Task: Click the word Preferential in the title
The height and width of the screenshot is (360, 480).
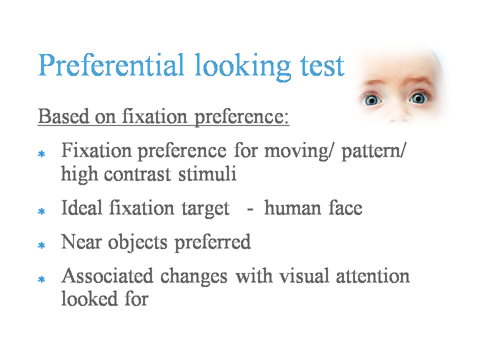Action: (111, 65)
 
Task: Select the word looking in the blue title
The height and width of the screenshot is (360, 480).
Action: (242, 67)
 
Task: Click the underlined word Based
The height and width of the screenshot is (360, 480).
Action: (63, 116)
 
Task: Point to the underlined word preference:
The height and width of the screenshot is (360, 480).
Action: (242, 117)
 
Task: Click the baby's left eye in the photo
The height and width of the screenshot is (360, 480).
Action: (418, 98)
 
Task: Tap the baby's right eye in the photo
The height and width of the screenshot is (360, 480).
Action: (371, 100)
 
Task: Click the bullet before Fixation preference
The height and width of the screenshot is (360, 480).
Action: (41, 153)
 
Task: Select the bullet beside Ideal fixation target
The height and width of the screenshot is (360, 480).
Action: (41, 211)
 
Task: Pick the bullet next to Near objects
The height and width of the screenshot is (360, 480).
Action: (41, 245)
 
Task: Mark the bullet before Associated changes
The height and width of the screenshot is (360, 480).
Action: (41, 279)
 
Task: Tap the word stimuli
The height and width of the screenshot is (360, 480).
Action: (207, 174)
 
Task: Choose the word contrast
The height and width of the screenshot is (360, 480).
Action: (137, 174)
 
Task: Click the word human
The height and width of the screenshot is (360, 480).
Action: (292, 208)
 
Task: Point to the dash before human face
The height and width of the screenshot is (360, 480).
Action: (250, 209)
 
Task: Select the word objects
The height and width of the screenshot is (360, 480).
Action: (138, 243)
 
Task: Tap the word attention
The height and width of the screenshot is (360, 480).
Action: (373, 276)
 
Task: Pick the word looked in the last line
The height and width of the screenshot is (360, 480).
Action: (89, 298)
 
